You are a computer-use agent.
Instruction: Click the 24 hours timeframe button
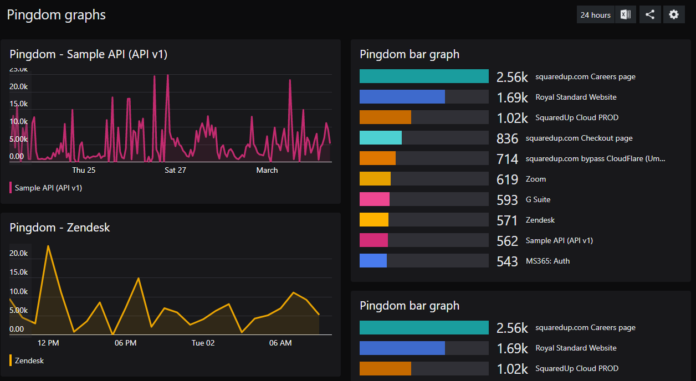tap(595, 15)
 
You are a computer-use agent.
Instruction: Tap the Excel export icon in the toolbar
tap(626, 15)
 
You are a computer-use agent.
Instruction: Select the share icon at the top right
tap(650, 15)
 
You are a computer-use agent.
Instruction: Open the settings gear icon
tap(673, 15)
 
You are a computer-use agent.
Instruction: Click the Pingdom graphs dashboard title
tap(56, 15)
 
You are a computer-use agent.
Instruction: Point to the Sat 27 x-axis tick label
tap(175, 170)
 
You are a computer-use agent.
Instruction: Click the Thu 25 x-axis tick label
tap(84, 170)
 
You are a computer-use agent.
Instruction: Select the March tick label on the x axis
tap(267, 170)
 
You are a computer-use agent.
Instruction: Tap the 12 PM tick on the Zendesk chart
tap(48, 343)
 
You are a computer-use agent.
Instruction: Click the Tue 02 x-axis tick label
tap(203, 343)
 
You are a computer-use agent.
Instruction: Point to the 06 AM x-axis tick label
tap(280, 343)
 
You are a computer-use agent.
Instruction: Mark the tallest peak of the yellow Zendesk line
tap(48, 246)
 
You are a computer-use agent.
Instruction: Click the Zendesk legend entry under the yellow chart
tap(29, 361)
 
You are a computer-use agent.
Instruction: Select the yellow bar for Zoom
tap(375, 179)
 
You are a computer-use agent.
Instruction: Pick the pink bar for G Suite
tap(375, 199)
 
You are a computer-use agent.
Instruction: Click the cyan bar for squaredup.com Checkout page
tap(381, 138)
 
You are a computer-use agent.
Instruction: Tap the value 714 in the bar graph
tap(507, 159)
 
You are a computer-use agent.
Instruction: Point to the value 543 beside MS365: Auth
tap(507, 261)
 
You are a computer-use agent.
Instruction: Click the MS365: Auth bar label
tap(547, 261)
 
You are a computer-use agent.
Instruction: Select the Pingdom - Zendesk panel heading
tap(60, 228)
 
